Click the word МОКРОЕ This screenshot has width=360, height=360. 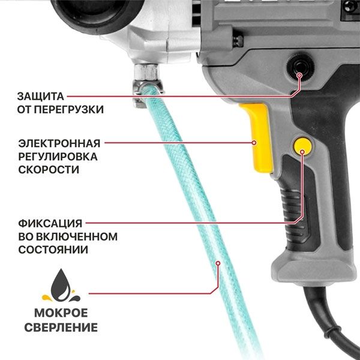[61, 314]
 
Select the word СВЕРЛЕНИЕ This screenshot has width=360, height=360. [61, 328]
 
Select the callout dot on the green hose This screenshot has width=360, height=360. [218, 263]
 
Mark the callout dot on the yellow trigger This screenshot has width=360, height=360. [254, 143]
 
